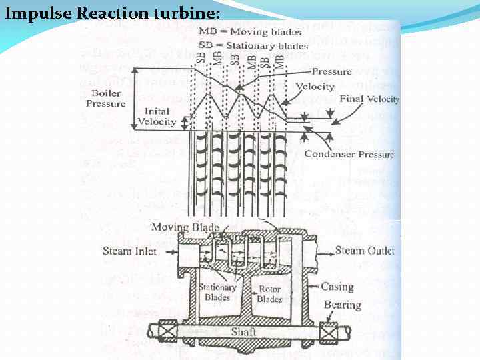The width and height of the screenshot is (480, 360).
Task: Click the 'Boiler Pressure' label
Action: point(106,99)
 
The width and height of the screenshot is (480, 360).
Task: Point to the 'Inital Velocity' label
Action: point(157,116)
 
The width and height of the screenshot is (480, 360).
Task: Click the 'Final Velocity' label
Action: point(369,99)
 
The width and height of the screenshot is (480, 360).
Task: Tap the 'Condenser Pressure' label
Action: point(349,155)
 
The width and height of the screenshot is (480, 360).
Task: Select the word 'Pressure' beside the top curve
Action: point(332,71)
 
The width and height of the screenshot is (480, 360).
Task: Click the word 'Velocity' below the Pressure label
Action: point(315,87)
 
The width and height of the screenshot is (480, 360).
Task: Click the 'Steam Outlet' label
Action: point(364,251)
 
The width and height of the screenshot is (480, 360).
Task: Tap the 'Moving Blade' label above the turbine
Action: point(185,227)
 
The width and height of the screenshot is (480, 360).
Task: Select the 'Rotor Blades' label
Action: point(270,294)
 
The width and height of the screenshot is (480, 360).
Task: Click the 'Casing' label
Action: point(337,287)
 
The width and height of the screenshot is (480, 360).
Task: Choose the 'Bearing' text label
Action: point(343,305)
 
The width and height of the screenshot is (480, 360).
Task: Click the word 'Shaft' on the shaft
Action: point(244,331)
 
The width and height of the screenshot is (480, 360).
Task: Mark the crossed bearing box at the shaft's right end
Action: point(329,331)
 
